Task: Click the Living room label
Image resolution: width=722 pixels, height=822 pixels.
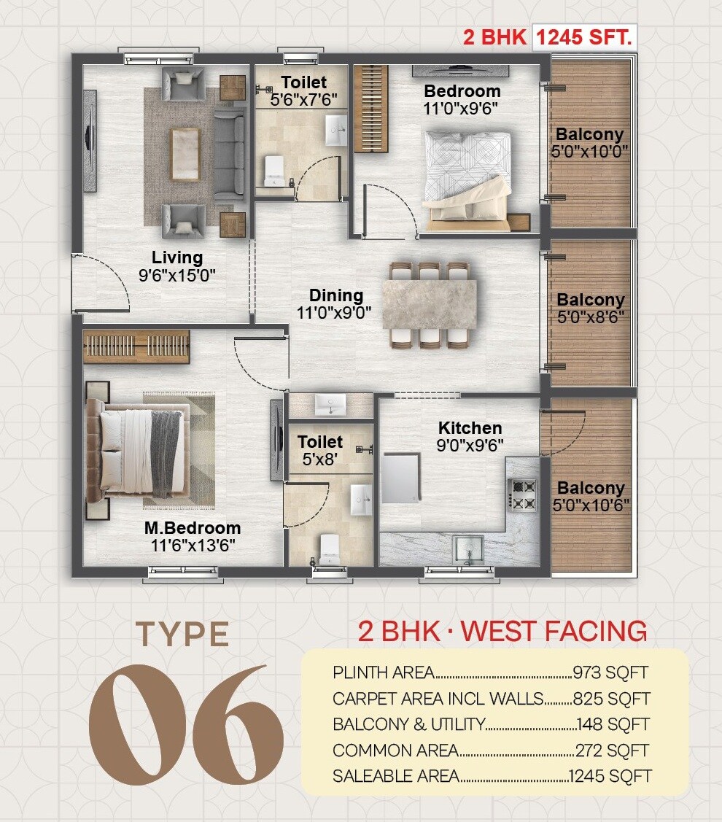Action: click(177, 257)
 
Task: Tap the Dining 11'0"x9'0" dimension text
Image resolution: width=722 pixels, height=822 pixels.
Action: click(334, 314)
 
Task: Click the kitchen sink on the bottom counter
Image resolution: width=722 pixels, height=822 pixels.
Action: click(467, 547)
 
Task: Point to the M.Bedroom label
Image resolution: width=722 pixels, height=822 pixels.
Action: click(193, 528)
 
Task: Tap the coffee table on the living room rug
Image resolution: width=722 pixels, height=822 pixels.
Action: click(185, 154)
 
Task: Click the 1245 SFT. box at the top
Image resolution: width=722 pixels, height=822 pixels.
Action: click(583, 37)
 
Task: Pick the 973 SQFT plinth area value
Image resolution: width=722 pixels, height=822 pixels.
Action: click(610, 672)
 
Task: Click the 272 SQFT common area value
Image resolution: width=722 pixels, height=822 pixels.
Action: click(612, 750)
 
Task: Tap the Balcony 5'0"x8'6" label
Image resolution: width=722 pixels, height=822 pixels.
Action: click(591, 308)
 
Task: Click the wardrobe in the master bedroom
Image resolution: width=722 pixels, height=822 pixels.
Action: click(136, 346)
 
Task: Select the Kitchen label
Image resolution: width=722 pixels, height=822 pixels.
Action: click(470, 428)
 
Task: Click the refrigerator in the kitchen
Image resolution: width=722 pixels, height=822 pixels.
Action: click(400, 478)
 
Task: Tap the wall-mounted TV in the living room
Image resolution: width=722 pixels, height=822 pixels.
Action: click(90, 140)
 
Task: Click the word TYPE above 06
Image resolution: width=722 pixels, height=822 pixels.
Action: click(182, 634)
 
